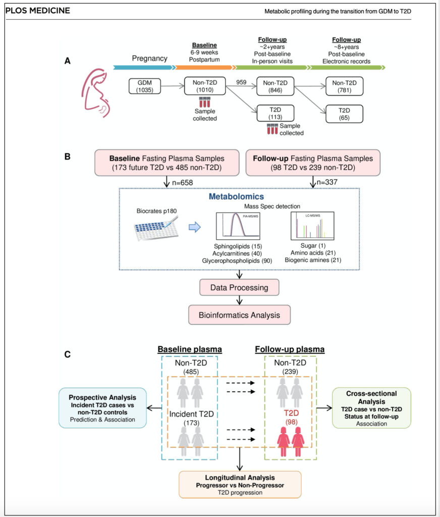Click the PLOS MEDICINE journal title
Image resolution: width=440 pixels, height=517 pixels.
pos(38,11)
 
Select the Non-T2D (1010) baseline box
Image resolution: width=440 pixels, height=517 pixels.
pos(205,86)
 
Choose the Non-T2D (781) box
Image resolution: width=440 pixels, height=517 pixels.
pos(345,86)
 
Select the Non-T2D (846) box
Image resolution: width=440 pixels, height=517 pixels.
pos(276,86)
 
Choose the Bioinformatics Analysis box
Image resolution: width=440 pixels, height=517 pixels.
pos(239,315)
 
